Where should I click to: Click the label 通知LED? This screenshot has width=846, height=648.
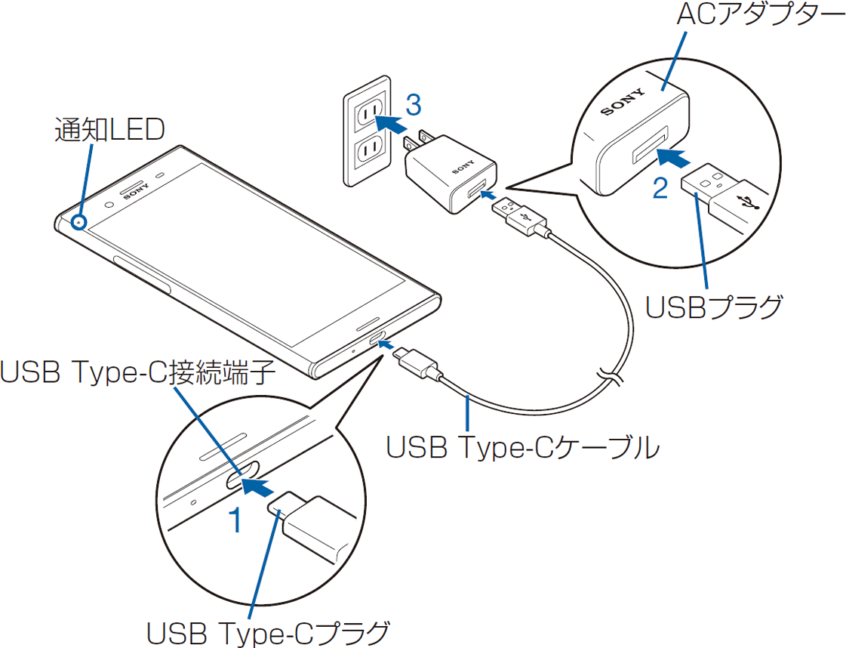[x=109, y=130]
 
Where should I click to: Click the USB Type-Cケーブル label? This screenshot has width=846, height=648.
[x=522, y=447]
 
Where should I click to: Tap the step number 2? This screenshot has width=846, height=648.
[x=660, y=188]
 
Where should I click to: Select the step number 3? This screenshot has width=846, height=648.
[x=412, y=105]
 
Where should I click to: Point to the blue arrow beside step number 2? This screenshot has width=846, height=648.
[x=672, y=158]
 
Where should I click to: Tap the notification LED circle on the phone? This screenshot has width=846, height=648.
[x=78, y=222]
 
